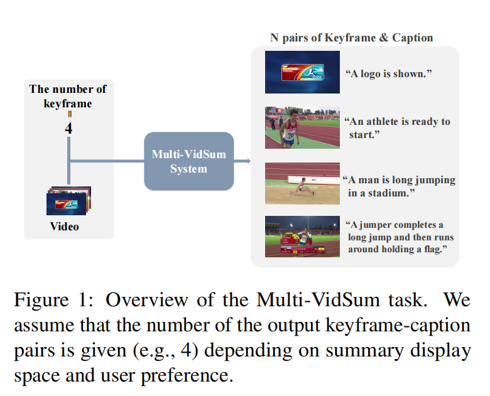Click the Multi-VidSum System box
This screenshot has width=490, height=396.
tap(188, 161)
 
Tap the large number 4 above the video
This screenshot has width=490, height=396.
tap(69, 128)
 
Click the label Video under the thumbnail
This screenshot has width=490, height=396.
tap(65, 227)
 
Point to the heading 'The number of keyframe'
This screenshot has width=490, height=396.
tap(68, 96)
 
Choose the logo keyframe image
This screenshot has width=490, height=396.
tap(302, 72)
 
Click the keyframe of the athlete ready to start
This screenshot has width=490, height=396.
tap(302, 127)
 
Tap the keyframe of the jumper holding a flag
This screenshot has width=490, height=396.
tap(302, 236)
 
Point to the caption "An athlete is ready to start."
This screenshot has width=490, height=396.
tap(398, 128)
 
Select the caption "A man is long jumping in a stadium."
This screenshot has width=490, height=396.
tap(400, 186)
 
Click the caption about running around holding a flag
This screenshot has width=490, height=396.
tap(400, 238)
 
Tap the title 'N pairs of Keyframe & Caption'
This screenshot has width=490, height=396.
tap(351, 38)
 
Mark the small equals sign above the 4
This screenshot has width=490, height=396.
tap(70, 115)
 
